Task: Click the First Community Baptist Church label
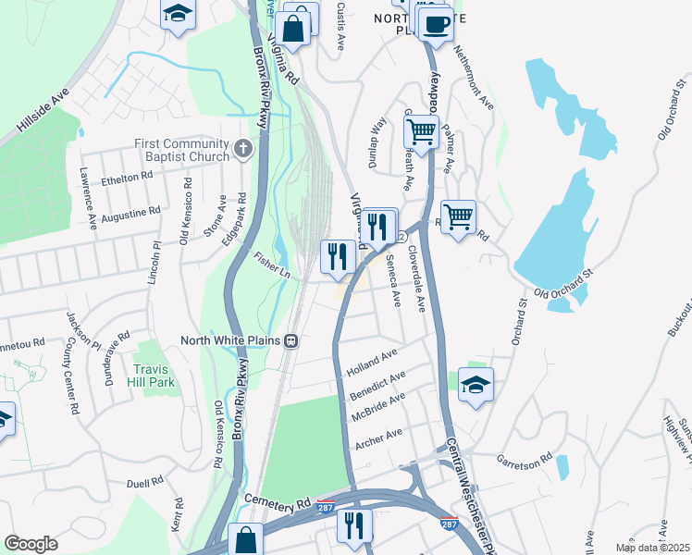[x=181, y=150]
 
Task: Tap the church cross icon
[x=242, y=148]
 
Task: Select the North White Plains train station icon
[x=290, y=340]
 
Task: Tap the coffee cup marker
[x=435, y=25]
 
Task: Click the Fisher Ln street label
[x=272, y=266]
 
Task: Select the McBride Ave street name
[x=378, y=407]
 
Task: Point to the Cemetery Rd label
[x=277, y=500]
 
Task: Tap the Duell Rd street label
[x=144, y=482]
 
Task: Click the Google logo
[x=31, y=544]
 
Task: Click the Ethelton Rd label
[x=127, y=177]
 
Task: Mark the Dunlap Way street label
[x=377, y=138]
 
